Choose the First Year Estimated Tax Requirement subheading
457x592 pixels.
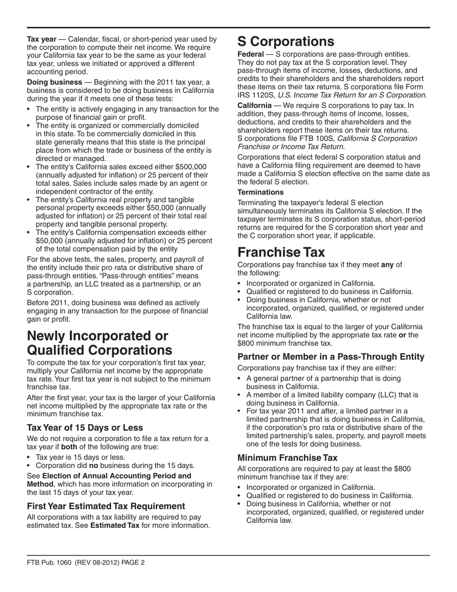106,506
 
